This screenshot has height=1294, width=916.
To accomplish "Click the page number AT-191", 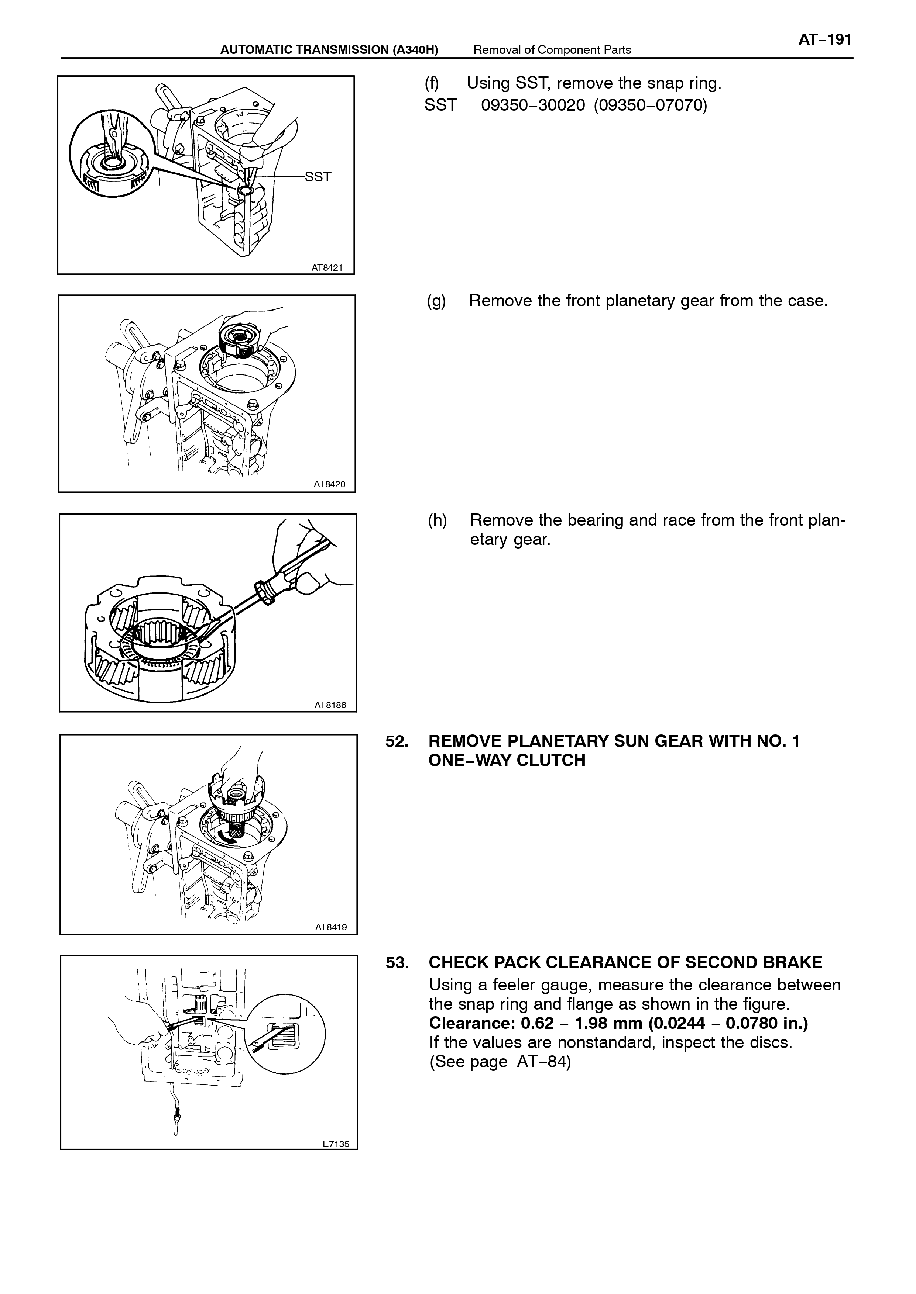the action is pos(824,40).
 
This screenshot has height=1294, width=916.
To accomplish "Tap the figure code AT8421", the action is pos(327,268).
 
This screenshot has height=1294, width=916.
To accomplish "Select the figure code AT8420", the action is pos(329,484).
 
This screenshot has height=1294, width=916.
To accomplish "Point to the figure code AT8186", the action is pos(330,705).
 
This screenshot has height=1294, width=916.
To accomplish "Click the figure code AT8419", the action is pos(331,927).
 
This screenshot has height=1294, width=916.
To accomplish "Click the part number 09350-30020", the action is pos(533,105).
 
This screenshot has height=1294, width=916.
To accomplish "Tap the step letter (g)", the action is pos(436,301).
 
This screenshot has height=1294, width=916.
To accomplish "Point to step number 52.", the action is pos(397,741).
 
